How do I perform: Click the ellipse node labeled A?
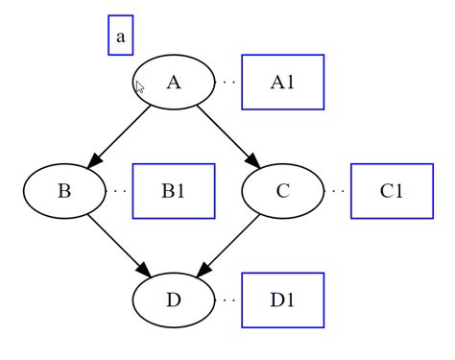click(174, 82)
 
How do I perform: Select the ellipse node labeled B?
click(64, 190)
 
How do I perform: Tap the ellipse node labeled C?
click(282, 190)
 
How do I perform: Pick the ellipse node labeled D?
click(174, 300)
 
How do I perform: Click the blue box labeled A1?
click(282, 82)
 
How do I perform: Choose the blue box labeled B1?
click(173, 190)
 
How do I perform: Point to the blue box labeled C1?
click(392, 190)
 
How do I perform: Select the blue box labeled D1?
click(282, 300)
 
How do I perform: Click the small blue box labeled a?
click(120, 36)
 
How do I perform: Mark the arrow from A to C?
click(226, 133)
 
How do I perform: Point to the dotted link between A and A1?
click(228, 82)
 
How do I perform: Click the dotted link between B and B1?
click(119, 190)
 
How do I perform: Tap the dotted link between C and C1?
click(337, 190)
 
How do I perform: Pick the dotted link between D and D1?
click(228, 300)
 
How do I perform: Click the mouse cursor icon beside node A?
click(140, 88)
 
